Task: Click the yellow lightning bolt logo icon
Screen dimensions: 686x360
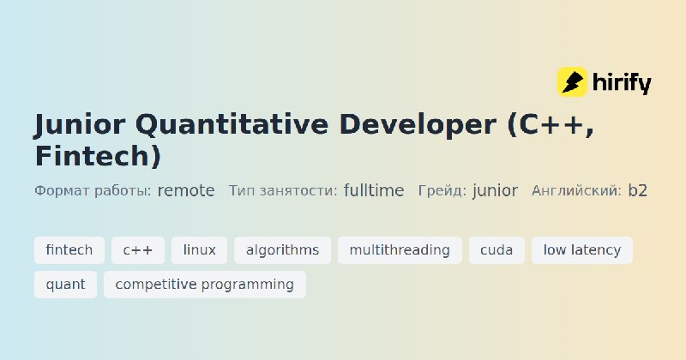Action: point(572,81)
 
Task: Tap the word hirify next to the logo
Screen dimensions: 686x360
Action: point(622,82)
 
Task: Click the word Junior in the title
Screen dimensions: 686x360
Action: point(80,124)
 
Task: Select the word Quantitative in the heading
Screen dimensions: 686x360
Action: point(232,124)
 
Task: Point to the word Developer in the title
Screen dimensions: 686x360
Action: point(418,125)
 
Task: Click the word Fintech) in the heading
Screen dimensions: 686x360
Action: point(99,156)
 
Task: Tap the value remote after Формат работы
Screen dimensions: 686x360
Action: point(186,191)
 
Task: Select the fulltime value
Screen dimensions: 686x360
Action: point(374,190)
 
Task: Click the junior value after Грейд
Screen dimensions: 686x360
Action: point(495,191)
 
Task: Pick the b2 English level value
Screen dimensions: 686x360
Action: point(637,190)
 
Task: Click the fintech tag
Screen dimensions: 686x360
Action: point(69,250)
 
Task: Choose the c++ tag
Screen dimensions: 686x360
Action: point(138,250)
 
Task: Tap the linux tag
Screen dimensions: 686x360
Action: point(200,250)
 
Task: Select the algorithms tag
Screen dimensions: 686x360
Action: point(283,250)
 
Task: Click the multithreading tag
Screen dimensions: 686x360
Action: point(400,250)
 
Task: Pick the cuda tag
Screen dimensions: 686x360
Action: point(496,250)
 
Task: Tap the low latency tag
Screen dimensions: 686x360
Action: point(582,250)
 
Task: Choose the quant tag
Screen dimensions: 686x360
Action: point(66,285)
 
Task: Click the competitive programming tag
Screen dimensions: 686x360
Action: point(205,285)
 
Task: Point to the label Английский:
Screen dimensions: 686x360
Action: point(576,191)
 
